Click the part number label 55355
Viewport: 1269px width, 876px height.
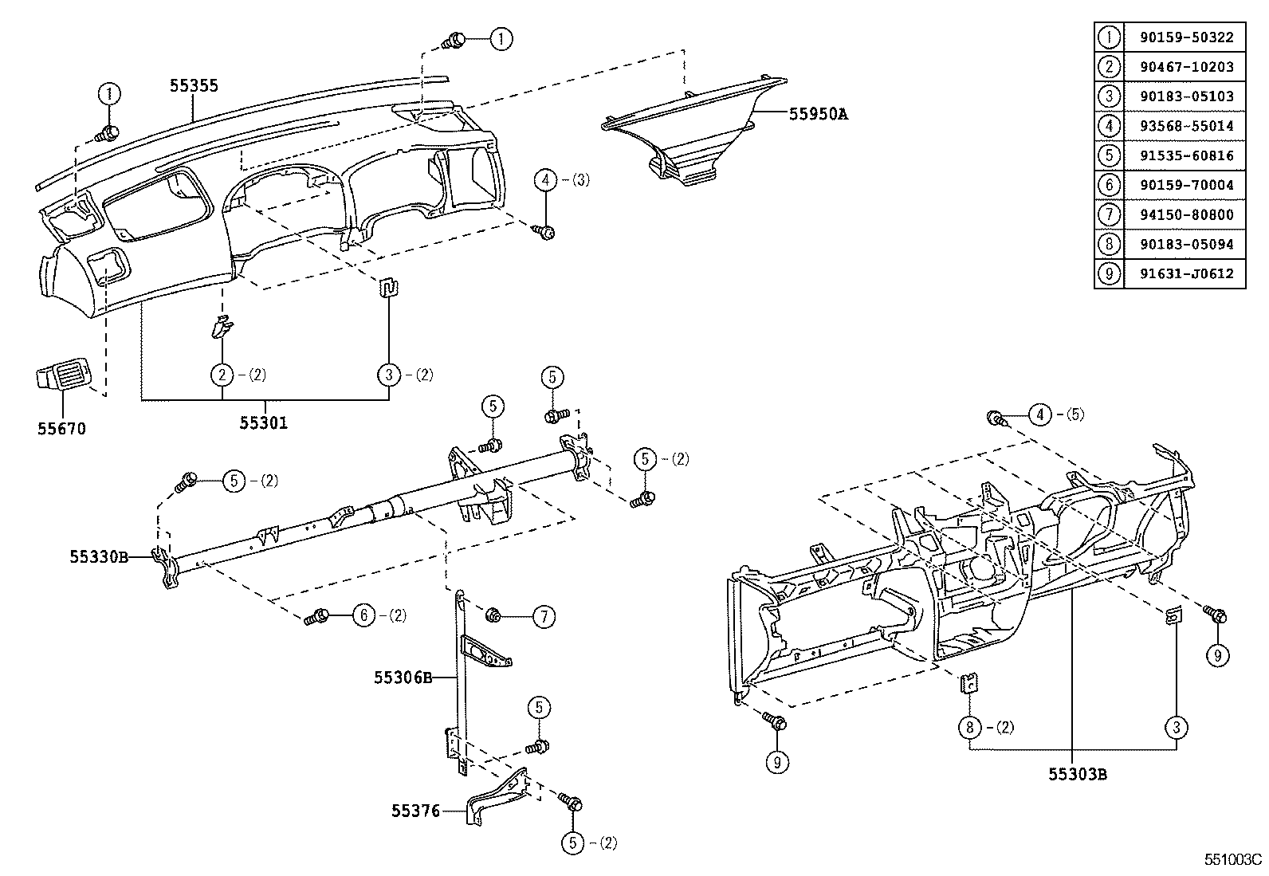(x=194, y=86)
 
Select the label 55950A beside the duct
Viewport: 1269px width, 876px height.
(x=818, y=114)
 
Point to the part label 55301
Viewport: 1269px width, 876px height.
(x=264, y=422)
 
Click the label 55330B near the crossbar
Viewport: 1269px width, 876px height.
(x=99, y=557)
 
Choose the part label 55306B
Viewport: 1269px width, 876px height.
(x=403, y=678)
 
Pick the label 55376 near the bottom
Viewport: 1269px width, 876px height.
(x=415, y=811)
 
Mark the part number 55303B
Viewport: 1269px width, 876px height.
(x=1077, y=773)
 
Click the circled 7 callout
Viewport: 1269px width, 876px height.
(x=544, y=616)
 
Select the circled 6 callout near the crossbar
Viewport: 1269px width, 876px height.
(x=363, y=615)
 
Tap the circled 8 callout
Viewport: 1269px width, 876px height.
(x=968, y=727)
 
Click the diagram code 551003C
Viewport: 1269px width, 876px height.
(x=1233, y=860)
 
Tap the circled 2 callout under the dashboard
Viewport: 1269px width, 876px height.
(x=222, y=374)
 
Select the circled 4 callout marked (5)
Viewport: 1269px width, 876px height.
(x=1040, y=414)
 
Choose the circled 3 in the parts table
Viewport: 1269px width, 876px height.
(x=1109, y=96)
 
